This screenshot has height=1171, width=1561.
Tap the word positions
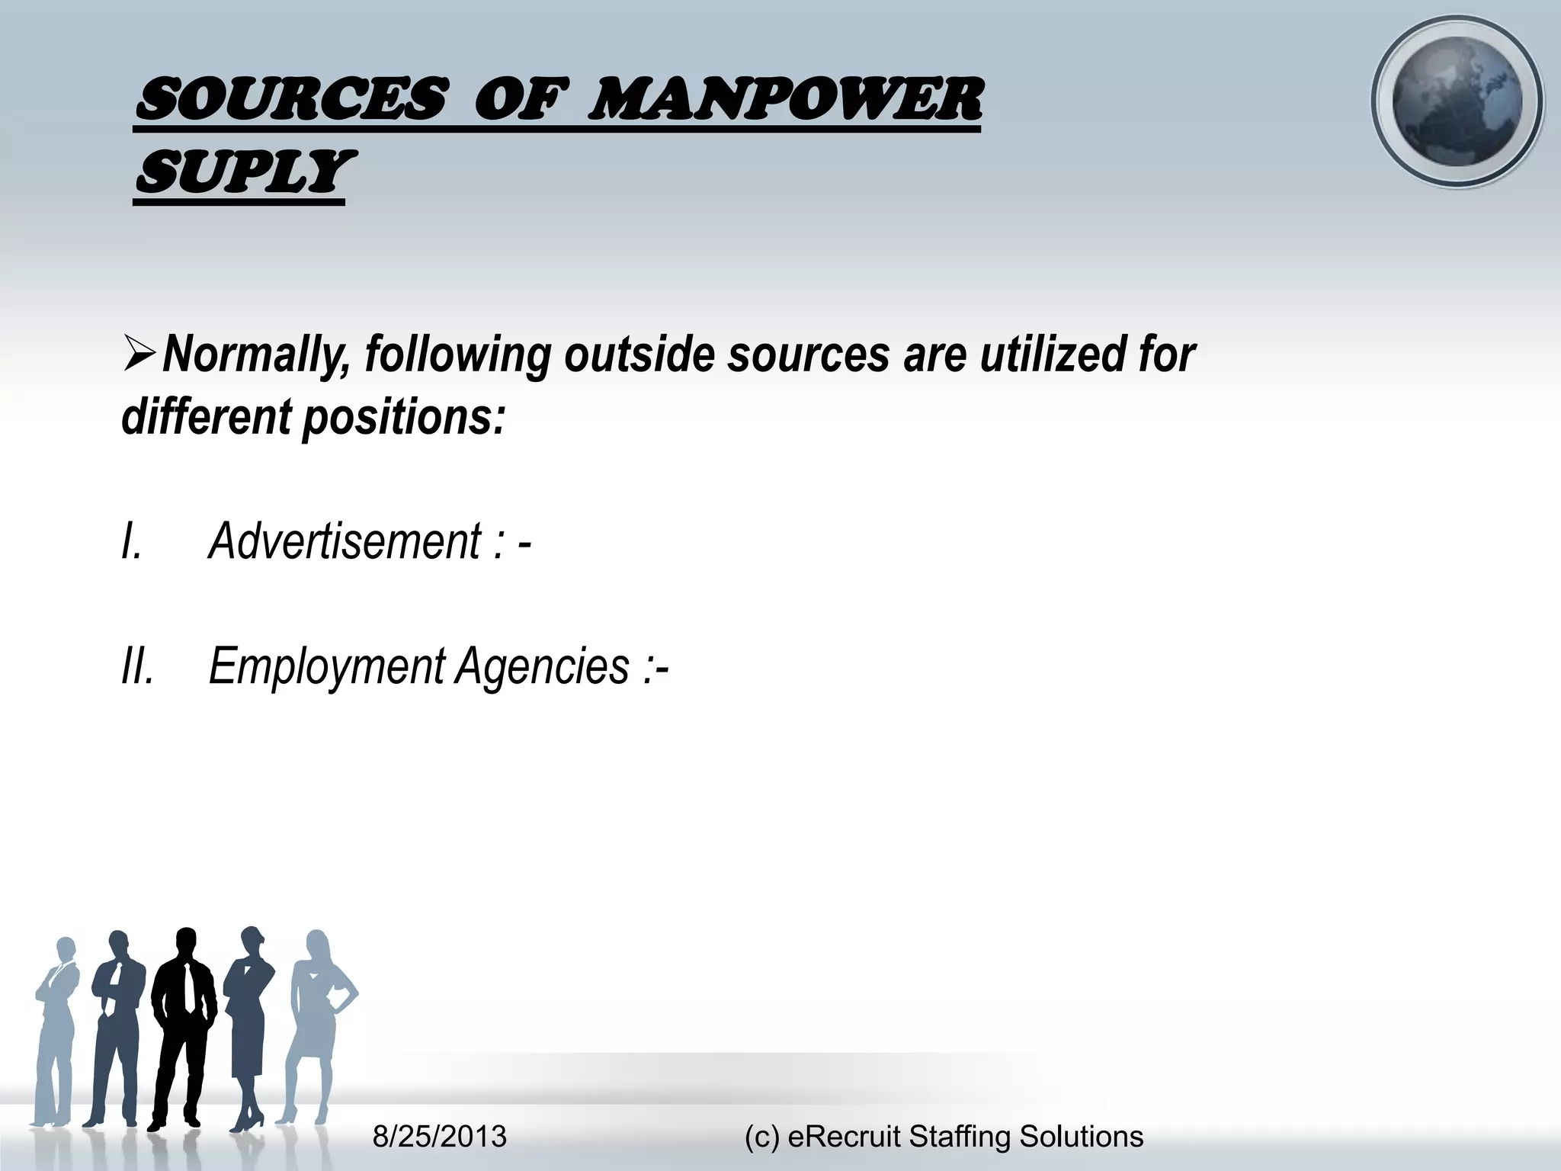click(404, 418)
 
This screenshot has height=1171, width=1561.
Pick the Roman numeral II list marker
click(137, 666)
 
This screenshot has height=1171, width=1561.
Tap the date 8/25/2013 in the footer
click(440, 1137)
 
